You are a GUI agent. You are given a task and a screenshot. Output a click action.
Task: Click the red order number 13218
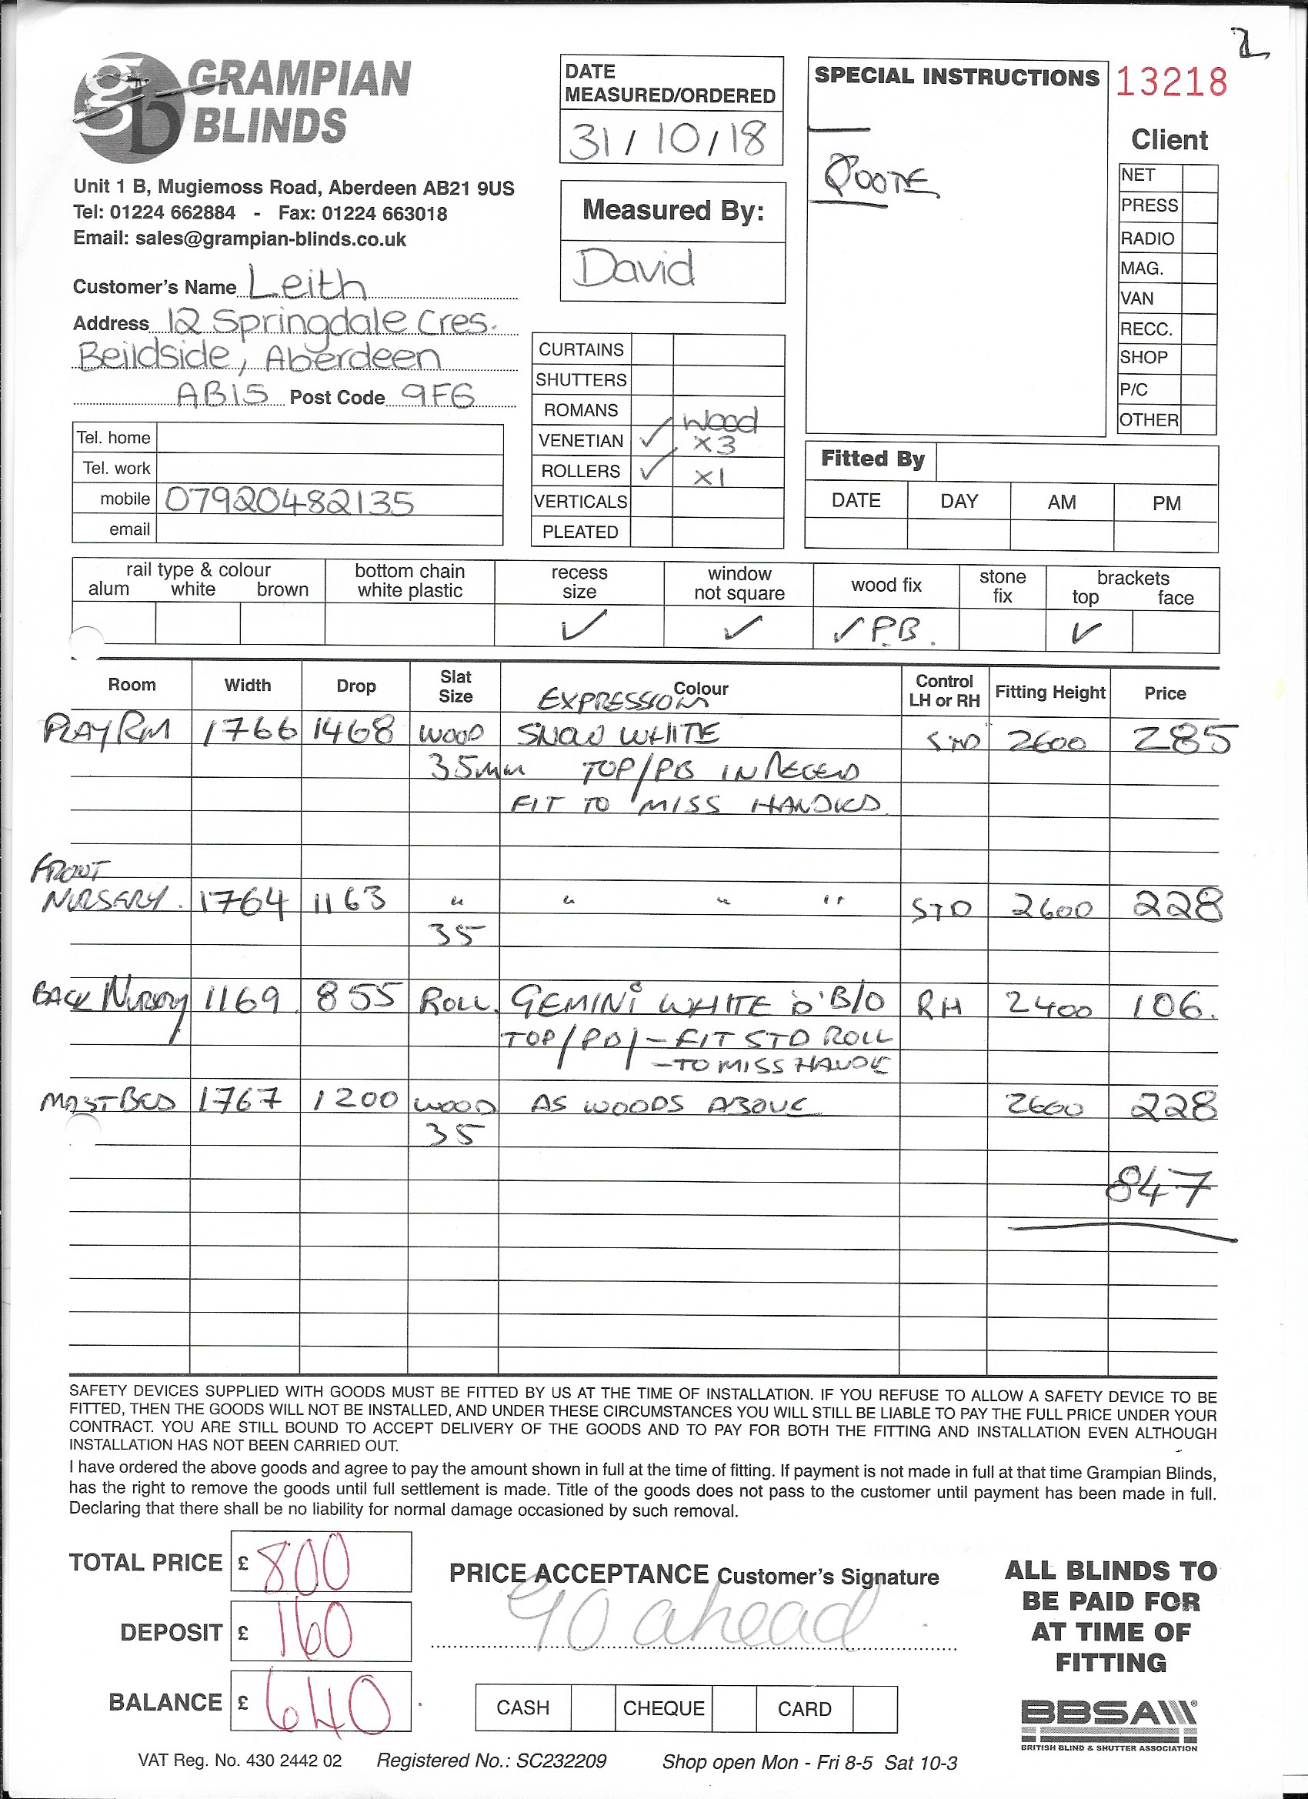point(1172,82)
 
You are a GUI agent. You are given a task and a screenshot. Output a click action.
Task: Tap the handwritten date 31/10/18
point(667,138)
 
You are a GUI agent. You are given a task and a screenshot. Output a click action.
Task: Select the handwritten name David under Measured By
point(636,268)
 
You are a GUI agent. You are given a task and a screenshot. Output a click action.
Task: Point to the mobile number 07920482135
point(289,502)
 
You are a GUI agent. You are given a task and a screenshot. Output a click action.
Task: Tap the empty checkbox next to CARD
point(875,1707)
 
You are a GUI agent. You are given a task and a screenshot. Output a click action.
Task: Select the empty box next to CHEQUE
point(733,1707)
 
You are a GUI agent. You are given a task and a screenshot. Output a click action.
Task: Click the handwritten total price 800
point(305,1562)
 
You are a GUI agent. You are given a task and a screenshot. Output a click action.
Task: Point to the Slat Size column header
point(455,686)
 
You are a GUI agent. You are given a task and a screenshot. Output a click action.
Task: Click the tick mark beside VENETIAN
point(652,437)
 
